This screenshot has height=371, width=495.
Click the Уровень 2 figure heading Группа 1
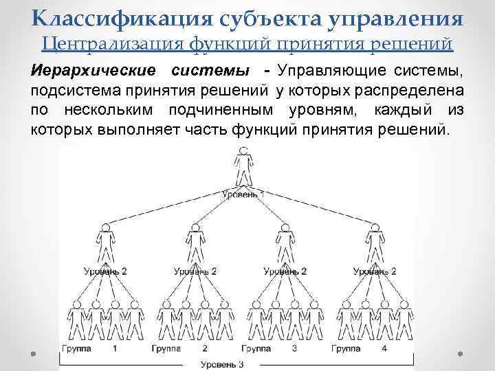[x=105, y=242]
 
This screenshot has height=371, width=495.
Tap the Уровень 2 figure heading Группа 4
[x=374, y=242]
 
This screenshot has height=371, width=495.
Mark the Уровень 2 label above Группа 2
[x=195, y=271]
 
